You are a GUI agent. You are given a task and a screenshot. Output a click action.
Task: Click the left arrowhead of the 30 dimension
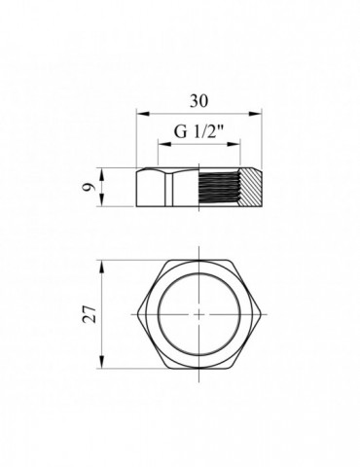click(x=139, y=112)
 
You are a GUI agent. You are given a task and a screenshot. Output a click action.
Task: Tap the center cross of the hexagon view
click(x=199, y=315)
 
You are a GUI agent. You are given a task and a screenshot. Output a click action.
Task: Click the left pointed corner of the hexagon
click(x=138, y=315)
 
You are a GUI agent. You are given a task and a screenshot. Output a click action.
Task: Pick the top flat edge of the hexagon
click(x=199, y=263)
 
